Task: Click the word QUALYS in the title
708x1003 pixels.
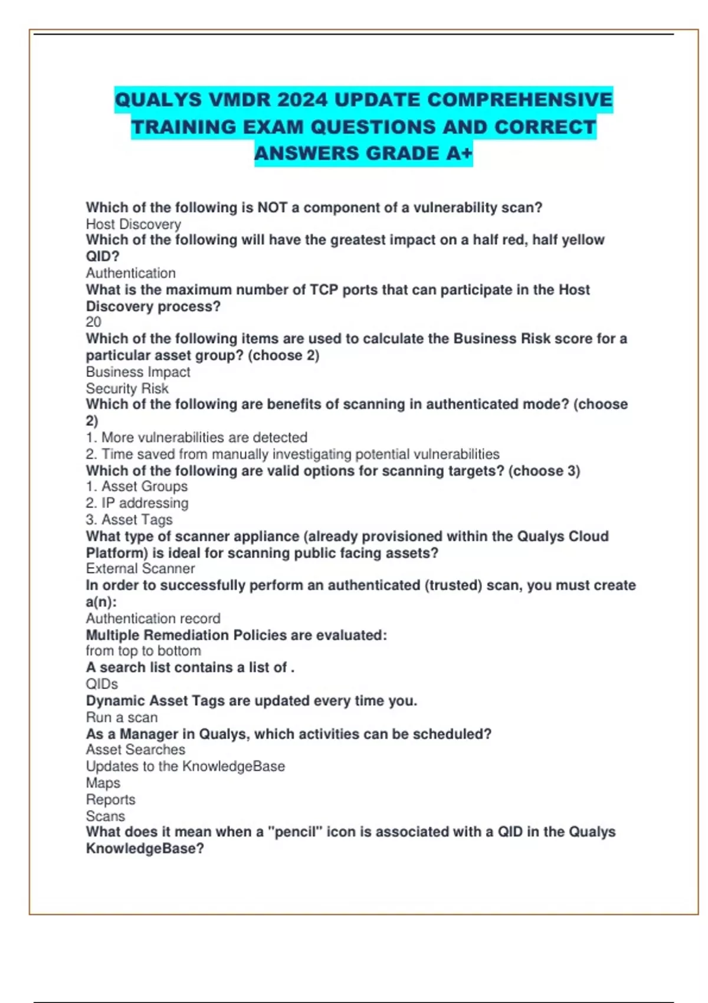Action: tap(158, 100)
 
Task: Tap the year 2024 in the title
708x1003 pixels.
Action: tap(302, 100)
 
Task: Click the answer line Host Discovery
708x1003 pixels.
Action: tap(133, 224)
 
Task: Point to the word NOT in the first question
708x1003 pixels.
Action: tap(273, 208)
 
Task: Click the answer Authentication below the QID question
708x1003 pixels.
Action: tap(131, 273)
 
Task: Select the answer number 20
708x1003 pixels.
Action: tap(94, 322)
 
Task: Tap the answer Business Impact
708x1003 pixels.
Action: tap(138, 372)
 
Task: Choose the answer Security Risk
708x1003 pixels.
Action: tap(127, 388)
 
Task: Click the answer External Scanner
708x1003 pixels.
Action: tap(140, 568)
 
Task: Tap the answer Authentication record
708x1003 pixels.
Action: tap(153, 618)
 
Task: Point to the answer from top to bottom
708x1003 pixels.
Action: tap(143, 651)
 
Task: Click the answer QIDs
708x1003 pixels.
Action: tap(102, 684)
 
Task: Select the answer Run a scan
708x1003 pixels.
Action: tap(122, 717)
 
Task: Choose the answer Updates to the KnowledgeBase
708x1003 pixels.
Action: tap(185, 766)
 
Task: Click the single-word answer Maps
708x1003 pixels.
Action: tap(103, 783)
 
